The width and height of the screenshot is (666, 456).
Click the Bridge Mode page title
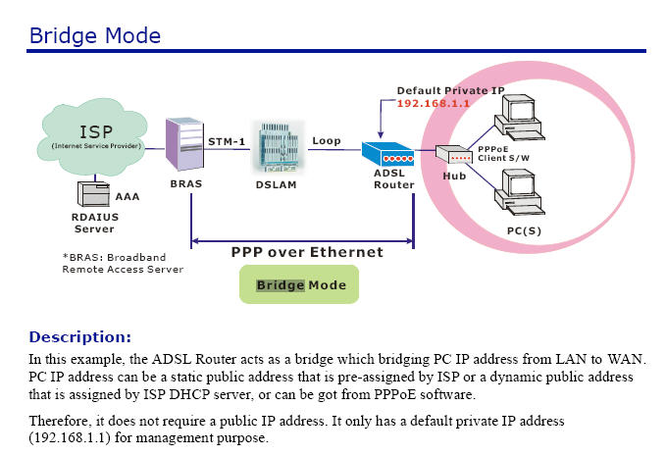click(95, 36)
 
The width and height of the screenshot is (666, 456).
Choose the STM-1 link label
click(228, 141)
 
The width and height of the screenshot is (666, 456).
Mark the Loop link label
click(327, 141)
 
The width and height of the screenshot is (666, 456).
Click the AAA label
click(128, 197)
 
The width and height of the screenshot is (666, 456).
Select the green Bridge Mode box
click(299, 285)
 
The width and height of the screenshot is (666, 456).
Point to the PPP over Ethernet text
click(307, 252)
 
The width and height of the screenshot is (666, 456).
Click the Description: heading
click(79, 336)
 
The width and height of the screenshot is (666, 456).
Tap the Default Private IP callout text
click(450, 90)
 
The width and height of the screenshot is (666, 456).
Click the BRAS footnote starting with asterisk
click(123, 262)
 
